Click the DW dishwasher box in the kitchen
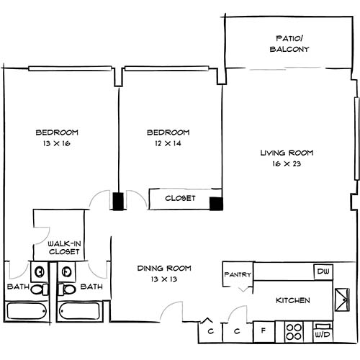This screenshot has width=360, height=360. [323, 271]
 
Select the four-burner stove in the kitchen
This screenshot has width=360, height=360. [294, 332]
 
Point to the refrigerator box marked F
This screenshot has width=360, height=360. [264, 332]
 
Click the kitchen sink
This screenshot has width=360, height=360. [341, 297]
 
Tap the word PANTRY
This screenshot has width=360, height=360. [237, 274]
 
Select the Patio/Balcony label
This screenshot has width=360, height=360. [289, 43]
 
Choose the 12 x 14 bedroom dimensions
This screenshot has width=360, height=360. [168, 144]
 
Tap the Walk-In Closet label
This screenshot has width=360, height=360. [63, 248]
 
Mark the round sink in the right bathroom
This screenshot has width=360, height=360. [67, 272]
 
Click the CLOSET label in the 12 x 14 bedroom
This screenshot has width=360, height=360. [180, 198]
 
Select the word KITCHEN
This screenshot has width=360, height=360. [292, 300]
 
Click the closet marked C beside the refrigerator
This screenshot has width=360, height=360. [236, 332]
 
